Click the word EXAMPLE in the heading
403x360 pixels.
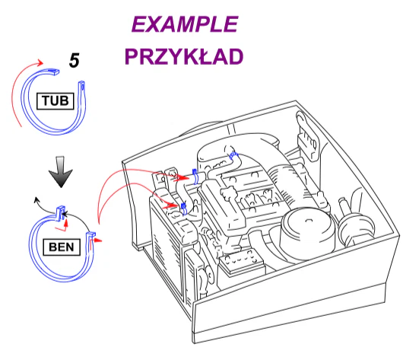tap(185, 24)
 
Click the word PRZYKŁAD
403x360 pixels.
tap(184, 56)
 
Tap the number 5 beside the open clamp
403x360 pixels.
tap(75, 61)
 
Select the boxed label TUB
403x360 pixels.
tap(56, 101)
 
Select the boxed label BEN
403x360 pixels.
tap(62, 247)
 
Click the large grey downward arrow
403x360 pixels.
tap(61, 172)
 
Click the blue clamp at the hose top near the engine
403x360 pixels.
tap(233, 155)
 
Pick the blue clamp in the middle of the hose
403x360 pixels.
tap(195, 177)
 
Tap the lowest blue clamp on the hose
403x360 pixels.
tap(183, 209)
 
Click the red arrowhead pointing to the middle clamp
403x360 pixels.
tap(182, 178)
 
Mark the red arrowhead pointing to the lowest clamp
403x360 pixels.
tap(171, 205)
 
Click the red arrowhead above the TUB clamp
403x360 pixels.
tap(40, 62)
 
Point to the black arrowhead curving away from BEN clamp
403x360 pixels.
tap(36, 199)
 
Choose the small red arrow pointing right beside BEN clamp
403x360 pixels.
tap(97, 241)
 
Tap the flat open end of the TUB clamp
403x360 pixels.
tap(55, 72)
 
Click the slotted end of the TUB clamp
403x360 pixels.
tap(82, 86)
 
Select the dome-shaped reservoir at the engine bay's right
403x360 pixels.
tap(356, 225)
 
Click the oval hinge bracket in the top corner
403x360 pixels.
tap(307, 136)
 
